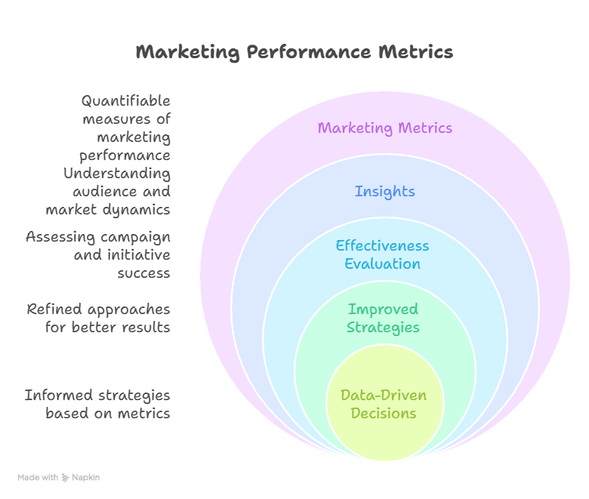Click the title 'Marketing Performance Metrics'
[x=294, y=52]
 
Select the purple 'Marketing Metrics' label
[x=384, y=128]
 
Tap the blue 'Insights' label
[x=384, y=191]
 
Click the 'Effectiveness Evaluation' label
[x=382, y=254]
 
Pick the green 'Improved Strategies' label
[x=383, y=318]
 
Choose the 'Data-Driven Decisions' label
[x=383, y=404]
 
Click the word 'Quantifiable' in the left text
[x=126, y=101]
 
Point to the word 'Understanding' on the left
[x=117, y=174]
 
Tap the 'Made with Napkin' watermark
[x=59, y=477]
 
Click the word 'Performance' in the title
[x=309, y=52]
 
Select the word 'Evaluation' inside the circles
[x=382, y=263]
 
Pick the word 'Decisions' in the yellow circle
[x=383, y=413]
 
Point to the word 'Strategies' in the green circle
[x=383, y=327]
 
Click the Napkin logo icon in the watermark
[x=65, y=477]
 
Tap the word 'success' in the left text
[x=143, y=273]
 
